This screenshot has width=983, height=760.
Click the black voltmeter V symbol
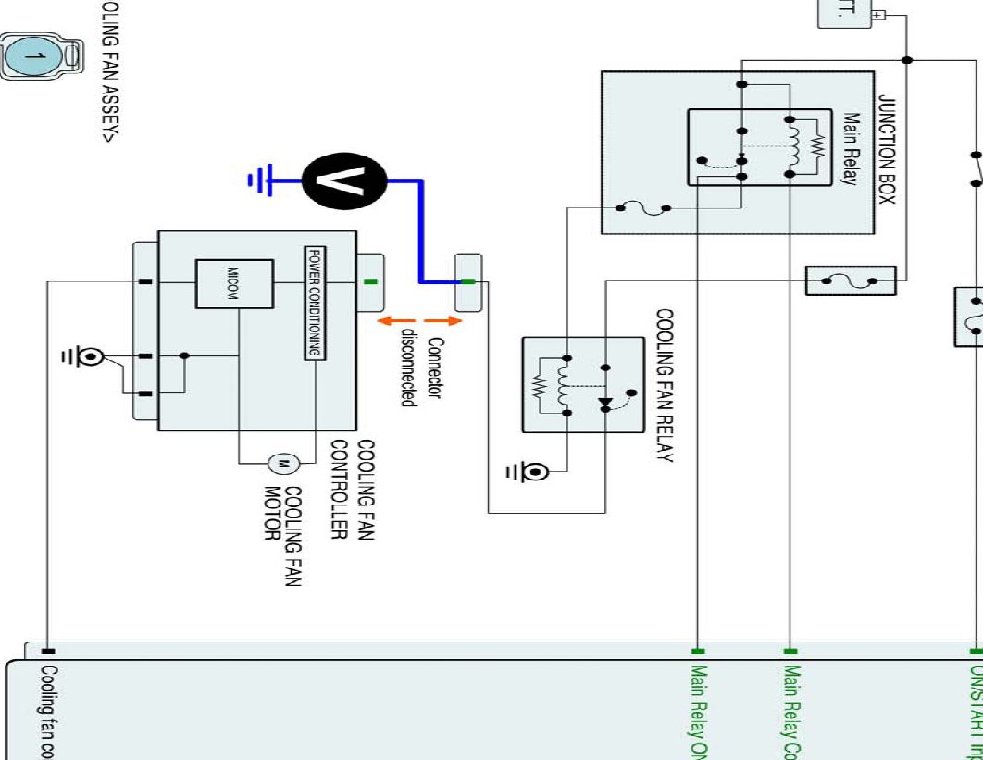coord(343,181)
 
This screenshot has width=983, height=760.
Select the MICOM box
coord(233,284)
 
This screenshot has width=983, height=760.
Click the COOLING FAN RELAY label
coord(664,385)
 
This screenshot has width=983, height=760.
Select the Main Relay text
coord(852,149)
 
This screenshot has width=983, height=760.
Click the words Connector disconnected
coord(421,370)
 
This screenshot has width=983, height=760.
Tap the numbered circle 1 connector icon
coord(36,58)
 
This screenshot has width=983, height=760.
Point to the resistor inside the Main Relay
coord(816,146)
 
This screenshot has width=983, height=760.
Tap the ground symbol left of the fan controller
coord(90,355)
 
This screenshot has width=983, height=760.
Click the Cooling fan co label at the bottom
coord(48,710)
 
